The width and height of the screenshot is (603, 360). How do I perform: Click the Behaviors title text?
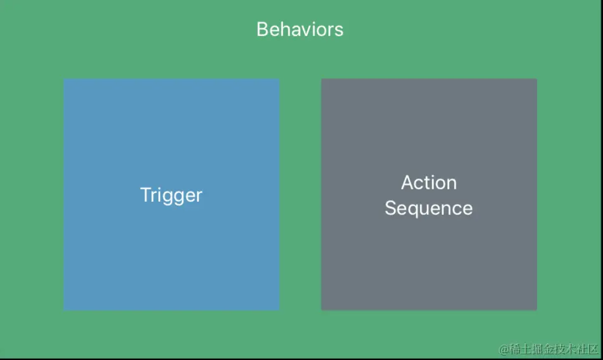coord(300,29)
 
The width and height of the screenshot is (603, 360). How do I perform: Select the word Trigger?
coord(171,196)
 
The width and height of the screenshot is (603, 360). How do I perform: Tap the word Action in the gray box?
coord(429,182)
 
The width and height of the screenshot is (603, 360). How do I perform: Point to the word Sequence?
coord(429,209)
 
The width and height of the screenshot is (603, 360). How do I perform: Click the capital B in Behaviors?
coord(263,30)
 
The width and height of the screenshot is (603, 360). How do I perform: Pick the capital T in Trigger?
coord(146,194)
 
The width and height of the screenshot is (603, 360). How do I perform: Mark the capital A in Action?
coord(407,182)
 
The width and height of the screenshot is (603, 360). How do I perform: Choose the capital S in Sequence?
coord(391,208)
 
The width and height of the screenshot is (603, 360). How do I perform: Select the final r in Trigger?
coord(199,197)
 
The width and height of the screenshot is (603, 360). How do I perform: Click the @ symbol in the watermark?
coord(504,349)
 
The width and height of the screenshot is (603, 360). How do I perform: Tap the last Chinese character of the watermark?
coord(592,349)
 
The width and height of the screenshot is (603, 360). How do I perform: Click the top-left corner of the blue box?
coord(64,79)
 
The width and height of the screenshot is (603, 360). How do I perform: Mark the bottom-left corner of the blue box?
coord(64,310)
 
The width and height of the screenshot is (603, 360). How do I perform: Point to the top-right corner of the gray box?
coord(537,79)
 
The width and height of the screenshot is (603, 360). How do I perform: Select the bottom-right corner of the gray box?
coord(537,310)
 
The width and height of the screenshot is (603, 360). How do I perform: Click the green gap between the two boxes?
coord(300,194)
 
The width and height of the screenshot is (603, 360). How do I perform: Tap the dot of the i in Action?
coord(434,176)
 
